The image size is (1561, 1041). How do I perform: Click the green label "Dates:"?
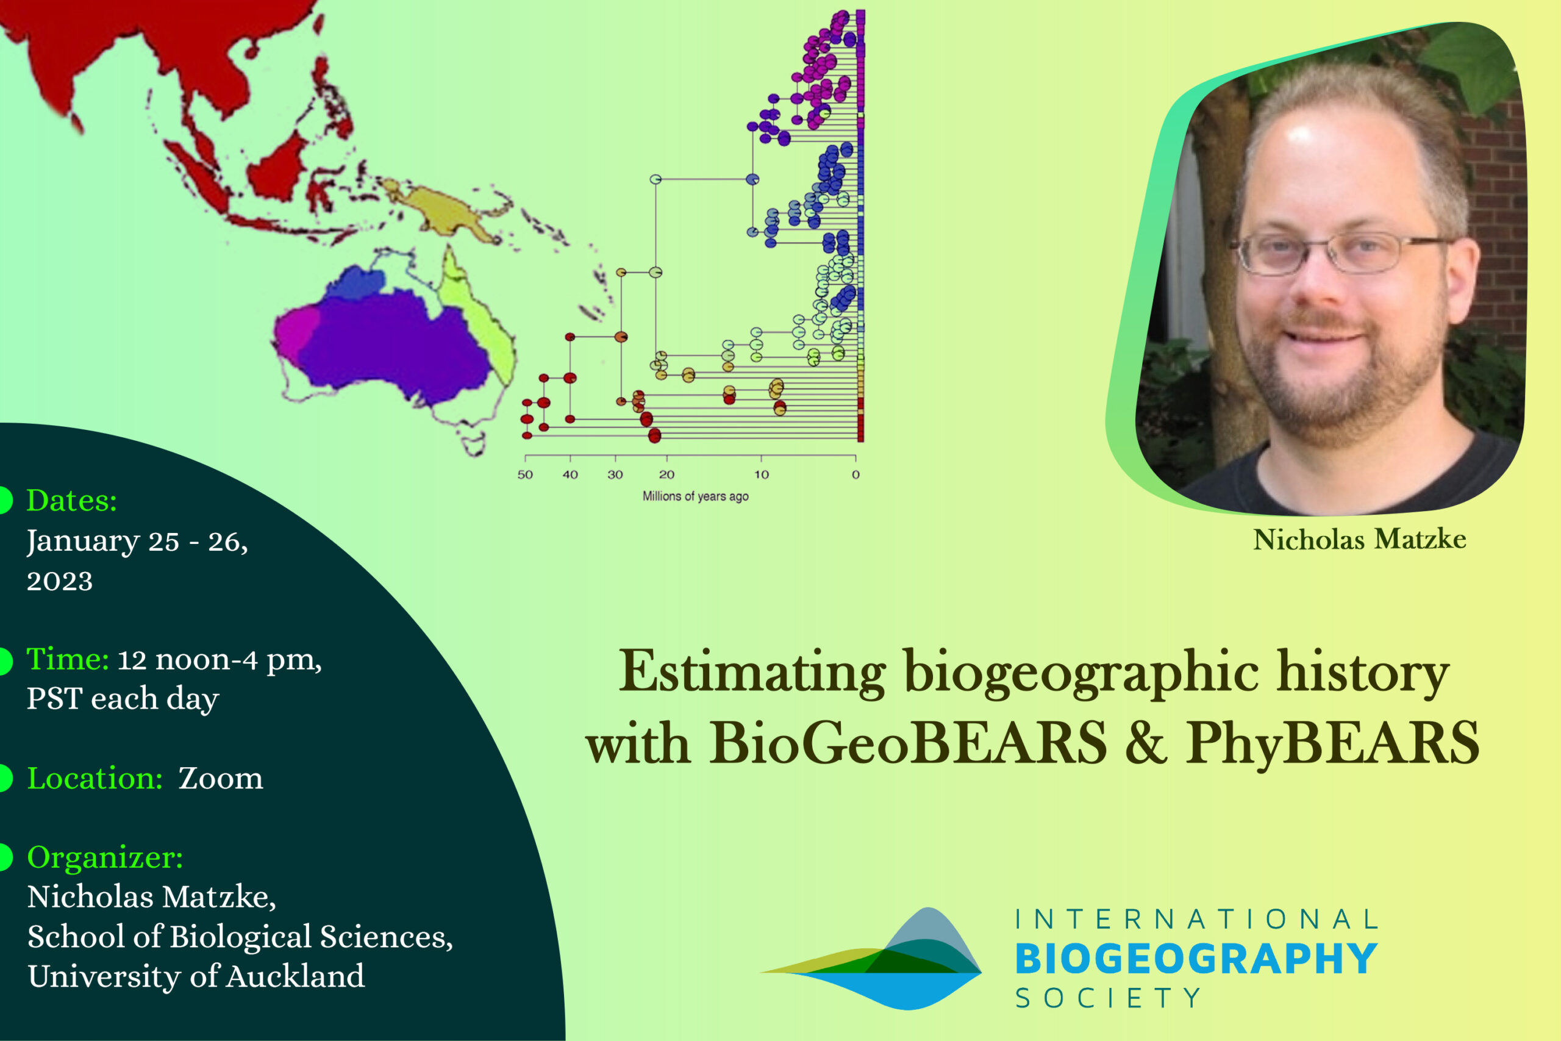coord(72,501)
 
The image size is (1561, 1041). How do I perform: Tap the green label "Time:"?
coord(68,659)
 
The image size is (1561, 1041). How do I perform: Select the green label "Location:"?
coord(95,778)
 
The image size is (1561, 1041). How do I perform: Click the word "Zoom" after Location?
coord(220,779)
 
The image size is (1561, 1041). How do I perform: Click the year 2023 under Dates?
coord(60,582)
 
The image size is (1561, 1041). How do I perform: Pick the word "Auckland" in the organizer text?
coord(295,976)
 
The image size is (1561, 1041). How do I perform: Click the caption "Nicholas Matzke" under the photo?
coord(1360,539)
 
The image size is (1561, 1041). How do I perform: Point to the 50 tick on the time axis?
coord(525,459)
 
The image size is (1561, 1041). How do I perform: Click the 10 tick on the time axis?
coord(761,459)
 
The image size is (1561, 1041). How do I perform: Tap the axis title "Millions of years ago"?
coord(696,496)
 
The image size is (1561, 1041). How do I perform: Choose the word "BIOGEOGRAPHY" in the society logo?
coord(1196,959)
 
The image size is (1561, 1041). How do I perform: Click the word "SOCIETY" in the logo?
coord(1108,998)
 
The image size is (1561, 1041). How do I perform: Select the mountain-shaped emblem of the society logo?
coord(871,959)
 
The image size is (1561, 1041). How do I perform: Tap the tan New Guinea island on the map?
coord(445,209)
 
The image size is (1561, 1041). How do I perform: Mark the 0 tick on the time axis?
coord(856,459)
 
